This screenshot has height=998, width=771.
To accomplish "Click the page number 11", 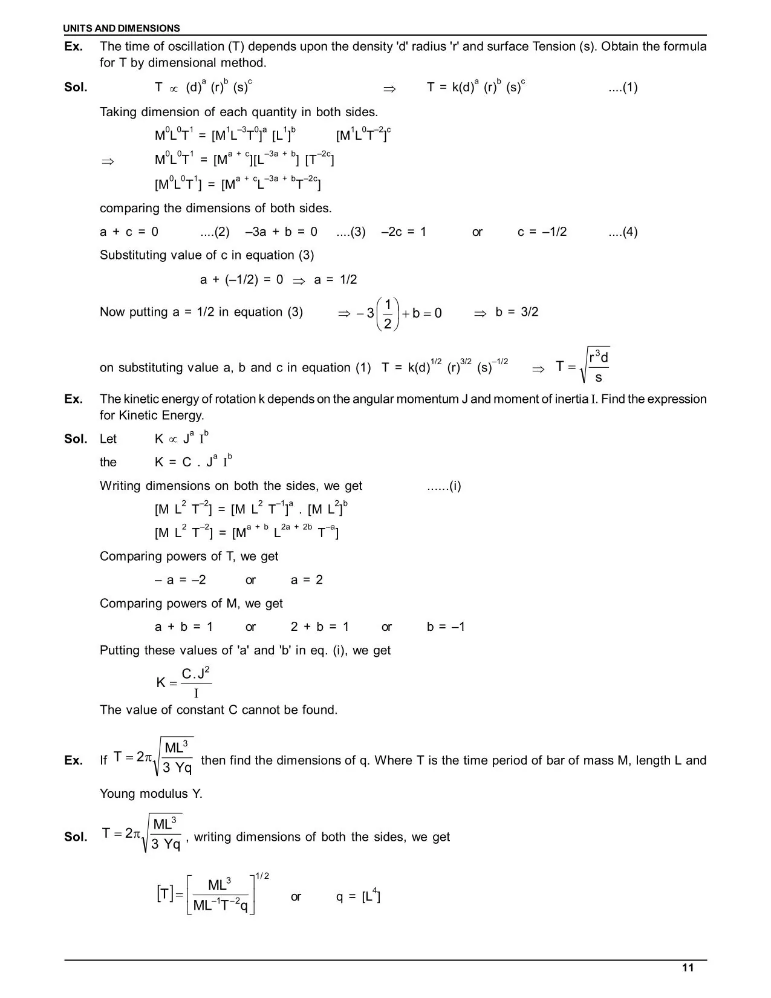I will (x=688, y=968).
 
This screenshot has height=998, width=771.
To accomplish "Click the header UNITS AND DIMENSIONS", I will (x=122, y=28).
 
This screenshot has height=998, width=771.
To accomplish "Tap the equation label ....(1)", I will (x=622, y=88).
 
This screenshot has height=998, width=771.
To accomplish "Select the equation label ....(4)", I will (x=622, y=232).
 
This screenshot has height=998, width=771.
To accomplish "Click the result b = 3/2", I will (x=516, y=312).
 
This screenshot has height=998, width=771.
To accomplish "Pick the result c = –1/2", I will (x=542, y=232).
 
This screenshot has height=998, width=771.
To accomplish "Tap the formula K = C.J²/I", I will (x=183, y=682).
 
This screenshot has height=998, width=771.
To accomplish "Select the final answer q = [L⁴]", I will (x=358, y=896).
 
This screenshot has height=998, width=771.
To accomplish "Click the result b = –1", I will (x=446, y=627).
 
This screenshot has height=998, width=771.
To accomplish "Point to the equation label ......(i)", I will (x=444, y=486).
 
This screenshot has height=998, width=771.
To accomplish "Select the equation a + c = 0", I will (x=129, y=232).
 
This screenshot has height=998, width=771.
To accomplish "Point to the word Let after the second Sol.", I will (x=108, y=439).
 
